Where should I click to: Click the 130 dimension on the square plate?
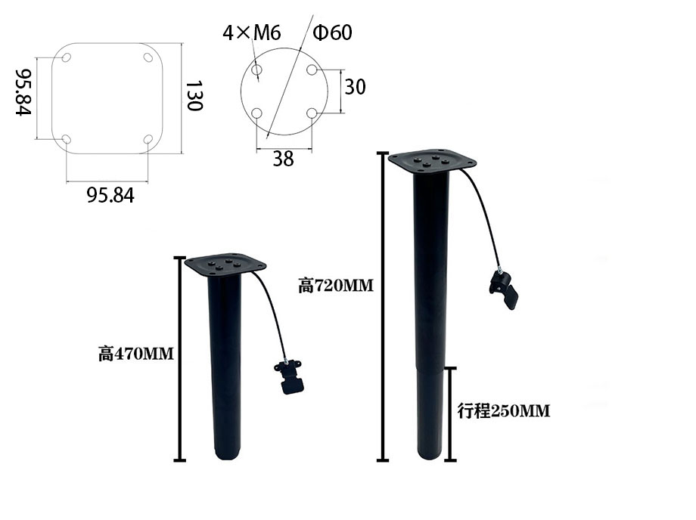click(x=194, y=95)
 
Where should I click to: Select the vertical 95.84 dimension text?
click(x=23, y=92)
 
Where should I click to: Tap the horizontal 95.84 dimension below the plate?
click(x=110, y=195)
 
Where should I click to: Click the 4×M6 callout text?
click(x=252, y=32)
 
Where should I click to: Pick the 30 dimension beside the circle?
click(x=355, y=87)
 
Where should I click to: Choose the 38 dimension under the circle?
click(x=283, y=158)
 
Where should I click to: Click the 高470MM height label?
click(x=136, y=353)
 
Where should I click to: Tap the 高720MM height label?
click(x=336, y=286)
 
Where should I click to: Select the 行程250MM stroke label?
click(x=504, y=411)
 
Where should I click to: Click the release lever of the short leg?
click(x=290, y=377)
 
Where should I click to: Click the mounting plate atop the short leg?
click(x=226, y=264)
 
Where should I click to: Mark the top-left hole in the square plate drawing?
click(x=67, y=58)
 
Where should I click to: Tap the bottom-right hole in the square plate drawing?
click(x=148, y=139)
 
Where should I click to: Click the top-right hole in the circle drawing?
click(x=312, y=70)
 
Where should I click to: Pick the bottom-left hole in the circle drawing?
click(x=257, y=113)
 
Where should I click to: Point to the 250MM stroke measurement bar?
click(x=451, y=413)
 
